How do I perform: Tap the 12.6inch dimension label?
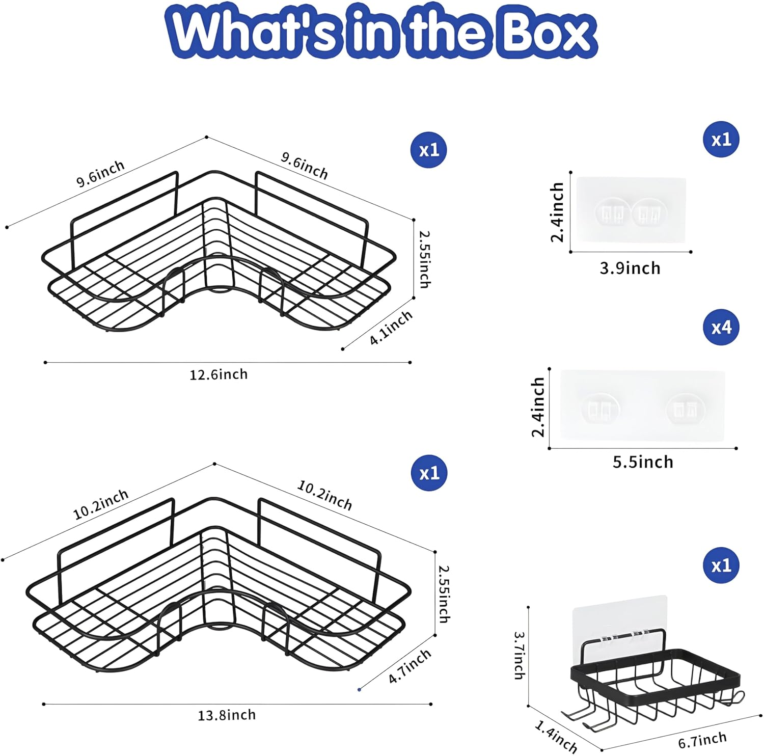219,374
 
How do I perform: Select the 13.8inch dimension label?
227,715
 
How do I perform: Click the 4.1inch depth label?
391,328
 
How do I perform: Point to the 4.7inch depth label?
410,666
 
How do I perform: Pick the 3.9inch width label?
630,268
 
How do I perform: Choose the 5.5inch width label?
643,462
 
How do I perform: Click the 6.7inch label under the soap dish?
702,740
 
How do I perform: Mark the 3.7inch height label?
519,655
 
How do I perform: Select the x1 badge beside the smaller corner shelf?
429,150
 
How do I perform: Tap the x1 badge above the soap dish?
722,565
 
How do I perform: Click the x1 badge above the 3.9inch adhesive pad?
722,139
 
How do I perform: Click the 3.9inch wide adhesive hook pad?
631,209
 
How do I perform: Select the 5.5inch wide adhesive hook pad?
642,406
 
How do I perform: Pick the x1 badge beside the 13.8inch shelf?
429,473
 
